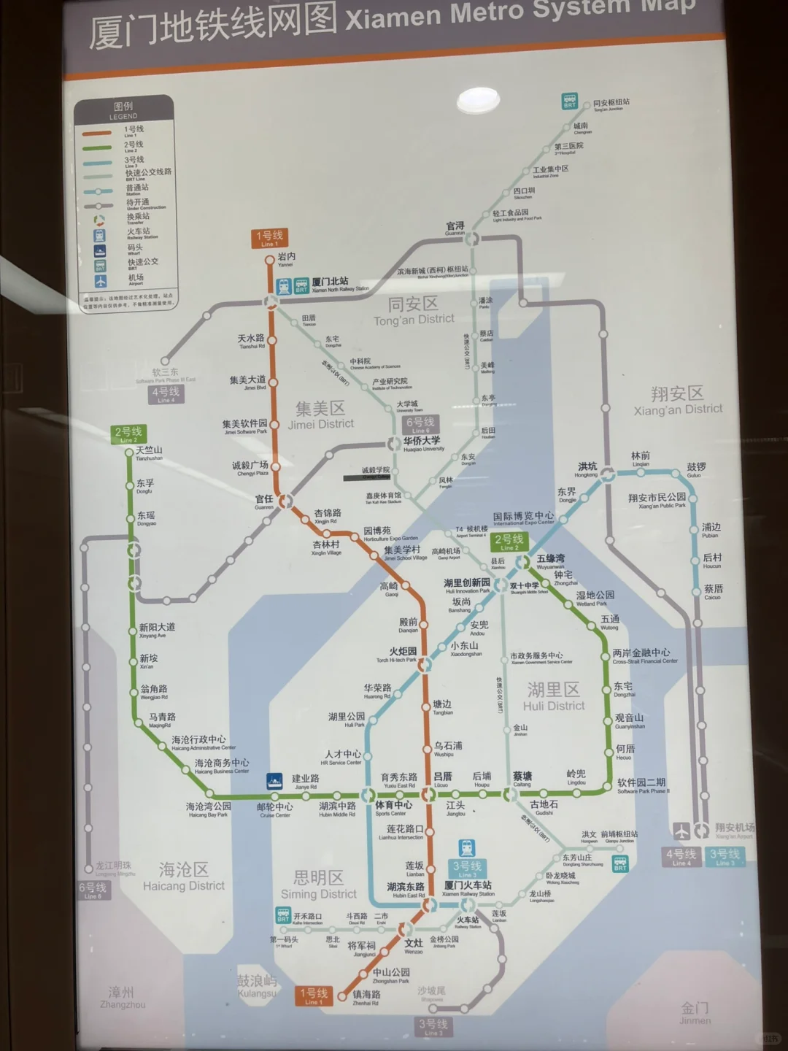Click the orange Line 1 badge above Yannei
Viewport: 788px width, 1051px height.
tap(269, 237)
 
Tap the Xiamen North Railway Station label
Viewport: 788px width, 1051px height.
tap(331, 284)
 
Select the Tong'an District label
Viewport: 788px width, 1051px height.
tap(414, 311)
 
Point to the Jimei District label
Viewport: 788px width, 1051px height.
tap(320, 415)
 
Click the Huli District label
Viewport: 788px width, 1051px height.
tap(554, 696)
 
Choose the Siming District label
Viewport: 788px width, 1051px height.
tap(319, 885)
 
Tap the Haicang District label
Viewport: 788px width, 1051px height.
tap(184, 877)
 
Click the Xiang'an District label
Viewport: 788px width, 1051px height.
tap(678, 401)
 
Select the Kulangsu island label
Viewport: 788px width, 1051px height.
tap(257, 986)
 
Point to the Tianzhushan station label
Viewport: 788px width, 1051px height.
tap(149, 453)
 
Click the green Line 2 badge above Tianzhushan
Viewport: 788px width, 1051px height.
tap(128, 434)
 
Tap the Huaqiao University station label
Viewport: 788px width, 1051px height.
tap(422, 444)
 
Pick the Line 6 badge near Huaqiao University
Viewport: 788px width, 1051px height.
tap(420, 424)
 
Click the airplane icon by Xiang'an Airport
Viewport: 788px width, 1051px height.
tap(681, 831)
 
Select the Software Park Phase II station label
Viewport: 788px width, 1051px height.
tap(642, 785)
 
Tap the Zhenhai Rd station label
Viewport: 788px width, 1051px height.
tap(366, 997)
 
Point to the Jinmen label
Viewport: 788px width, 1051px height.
tap(695, 1012)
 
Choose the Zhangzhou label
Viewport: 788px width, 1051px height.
tap(122, 997)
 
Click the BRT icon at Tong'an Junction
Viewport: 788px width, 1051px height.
tap(570, 101)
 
